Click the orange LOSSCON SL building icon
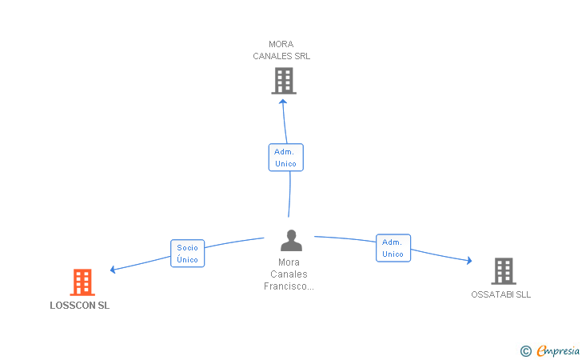(x=82, y=282)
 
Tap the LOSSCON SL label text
(x=80, y=306)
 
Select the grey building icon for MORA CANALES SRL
(x=284, y=81)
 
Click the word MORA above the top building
(x=281, y=44)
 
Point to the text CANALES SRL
(x=281, y=56)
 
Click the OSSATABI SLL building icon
(x=504, y=271)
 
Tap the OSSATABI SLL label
(x=500, y=294)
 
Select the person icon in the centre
(x=291, y=240)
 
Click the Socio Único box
(x=187, y=254)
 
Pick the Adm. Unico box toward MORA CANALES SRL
(x=286, y=158)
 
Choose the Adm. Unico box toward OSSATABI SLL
(x=393, y=248)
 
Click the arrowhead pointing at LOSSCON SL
(x=113, y=270)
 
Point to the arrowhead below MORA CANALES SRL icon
(x=283, y=102)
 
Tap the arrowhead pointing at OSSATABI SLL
(x=469, y=261)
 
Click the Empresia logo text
(x=558, y=350)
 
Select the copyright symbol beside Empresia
(x=526, y=351)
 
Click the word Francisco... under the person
(x=289, y=286)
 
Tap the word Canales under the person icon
(x=289, y=274)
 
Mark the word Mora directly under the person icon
(x=289, y=262)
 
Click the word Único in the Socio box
(x=187, y=259)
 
